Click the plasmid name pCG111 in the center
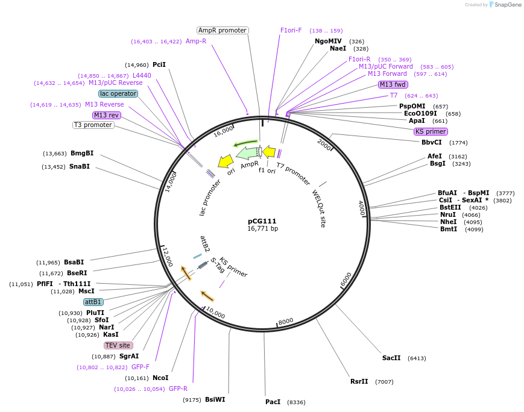pos(262,221)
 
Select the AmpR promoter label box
pos(223,30)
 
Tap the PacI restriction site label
pos(273,402)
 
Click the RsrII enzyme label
pos(359,381)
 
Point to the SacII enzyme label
pos(391,358)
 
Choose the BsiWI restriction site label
pos(215,399)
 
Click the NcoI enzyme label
pos(160,378)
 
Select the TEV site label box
pos(118,345)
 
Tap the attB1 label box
pos(93,302)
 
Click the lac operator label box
pos(118,93)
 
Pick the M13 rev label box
pos(106,115)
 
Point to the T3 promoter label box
pos(93,125)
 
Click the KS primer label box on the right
pos(431,131)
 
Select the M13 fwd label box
pos(393,84)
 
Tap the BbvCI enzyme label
pos(432,142)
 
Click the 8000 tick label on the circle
pos(285,321)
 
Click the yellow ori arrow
pos(226,161)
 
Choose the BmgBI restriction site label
pos(82,153)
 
